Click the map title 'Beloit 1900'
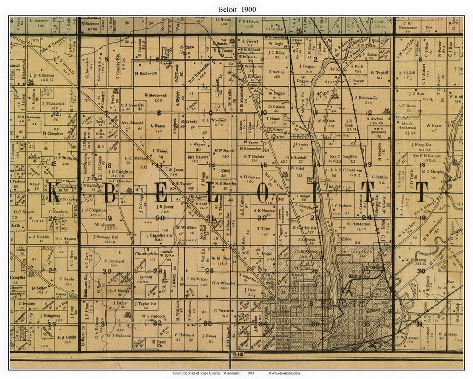[236, 9]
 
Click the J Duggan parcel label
[309, 66]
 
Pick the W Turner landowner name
[379, 72]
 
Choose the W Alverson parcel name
[105, 224]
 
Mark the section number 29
[157, 271]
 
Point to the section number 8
[159, 113]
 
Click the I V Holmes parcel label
[342, 205]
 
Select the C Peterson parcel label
[224, 311]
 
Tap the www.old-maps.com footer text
[284, 373]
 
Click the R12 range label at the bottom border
[236, 353]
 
